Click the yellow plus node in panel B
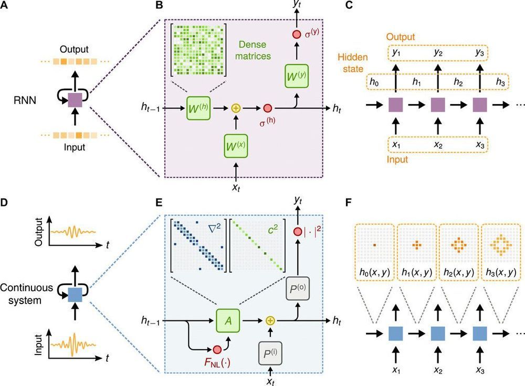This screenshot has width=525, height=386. (235, 108)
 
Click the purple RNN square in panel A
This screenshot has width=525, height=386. (74, 98)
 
